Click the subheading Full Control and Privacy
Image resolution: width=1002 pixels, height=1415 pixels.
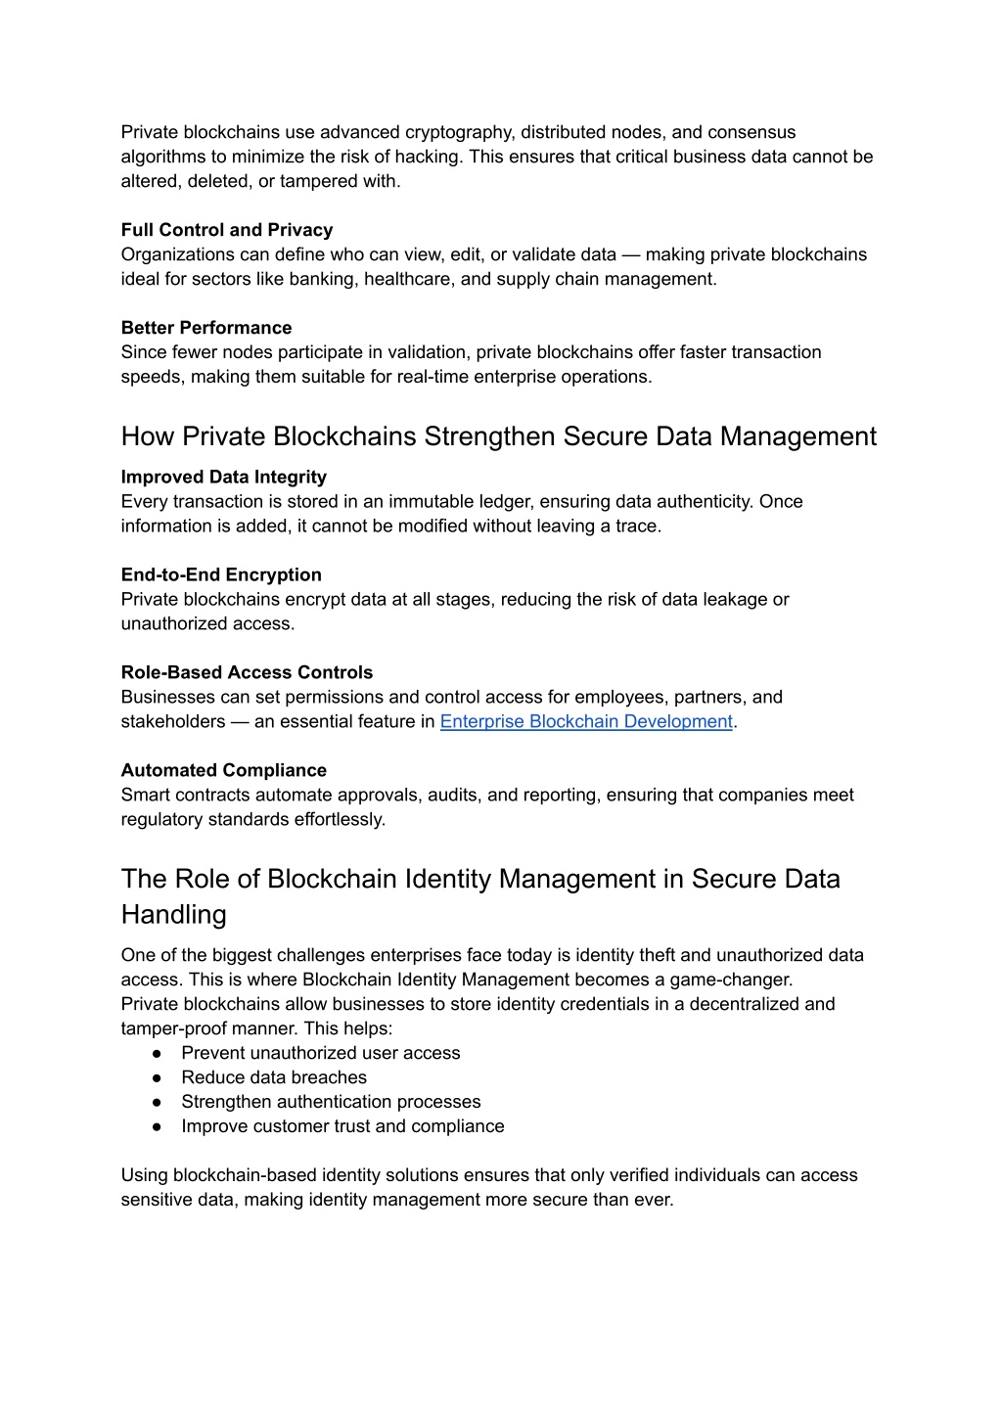(227, 230)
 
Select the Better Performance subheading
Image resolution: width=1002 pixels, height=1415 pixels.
(206, 328)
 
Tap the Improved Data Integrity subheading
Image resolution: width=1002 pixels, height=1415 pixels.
(224, 478)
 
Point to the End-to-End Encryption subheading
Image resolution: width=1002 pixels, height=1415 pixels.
(221, 575)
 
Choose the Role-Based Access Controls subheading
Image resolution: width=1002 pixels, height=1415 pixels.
(247, 673)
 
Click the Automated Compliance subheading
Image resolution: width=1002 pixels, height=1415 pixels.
(224, 771)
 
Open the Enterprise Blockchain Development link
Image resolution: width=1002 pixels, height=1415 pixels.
(586, 722)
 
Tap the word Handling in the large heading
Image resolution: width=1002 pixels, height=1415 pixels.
(173, 915)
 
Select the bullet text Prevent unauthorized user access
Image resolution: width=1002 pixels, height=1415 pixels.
(321, 1054)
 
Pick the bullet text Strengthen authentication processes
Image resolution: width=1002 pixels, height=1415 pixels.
(331, 1103)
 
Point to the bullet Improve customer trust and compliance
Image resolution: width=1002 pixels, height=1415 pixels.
(342, 1127)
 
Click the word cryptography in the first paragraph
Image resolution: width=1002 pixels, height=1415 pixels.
(458, 133)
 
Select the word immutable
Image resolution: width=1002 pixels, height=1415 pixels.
(423, 502)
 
